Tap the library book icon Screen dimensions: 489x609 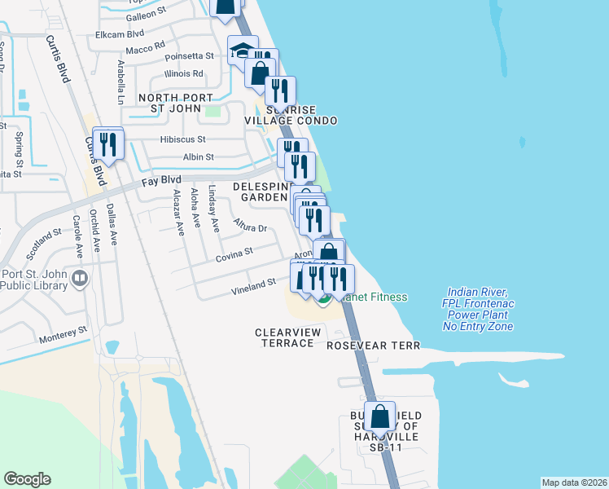[x=79, y=279]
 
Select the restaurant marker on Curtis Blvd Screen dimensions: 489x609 [x=107, y=144]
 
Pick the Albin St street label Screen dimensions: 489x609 [x=199, y=156]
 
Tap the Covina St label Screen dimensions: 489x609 [x=234, y=257]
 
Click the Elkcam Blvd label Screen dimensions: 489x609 [x=119, y=33]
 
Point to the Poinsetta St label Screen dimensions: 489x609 [x=189, y=56]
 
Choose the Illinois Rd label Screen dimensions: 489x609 [x=183, y=73]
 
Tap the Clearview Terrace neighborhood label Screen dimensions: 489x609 [x=284, y=337]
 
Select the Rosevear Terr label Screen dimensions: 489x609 [x=373, y=346]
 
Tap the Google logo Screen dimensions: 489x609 [x=27, y=479]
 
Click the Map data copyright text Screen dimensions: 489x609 [x=574, y=482]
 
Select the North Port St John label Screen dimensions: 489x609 [x=180, y=104]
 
